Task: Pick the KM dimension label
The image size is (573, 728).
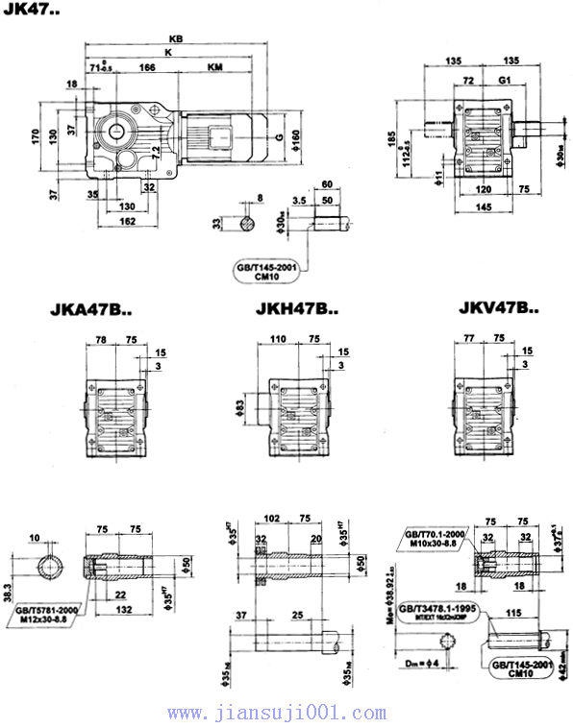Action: pos(216,68)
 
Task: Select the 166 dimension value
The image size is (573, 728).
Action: pos(148,68)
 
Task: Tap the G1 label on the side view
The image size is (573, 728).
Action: pos(505,80)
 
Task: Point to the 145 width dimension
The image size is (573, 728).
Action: pos(483,207)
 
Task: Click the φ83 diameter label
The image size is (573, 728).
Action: pos(237,410)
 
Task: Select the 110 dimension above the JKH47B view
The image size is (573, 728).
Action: pos(280,340)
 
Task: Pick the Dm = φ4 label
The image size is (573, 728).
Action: pos(420,664)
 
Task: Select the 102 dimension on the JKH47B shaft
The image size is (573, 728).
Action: pos(274,518)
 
